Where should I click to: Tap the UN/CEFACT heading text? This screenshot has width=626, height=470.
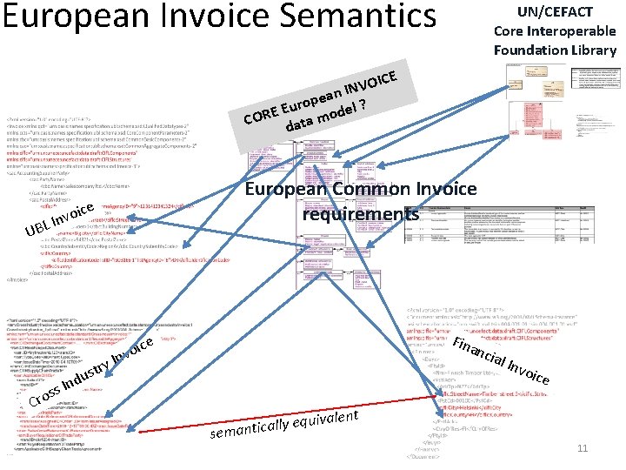(x=555, y=12)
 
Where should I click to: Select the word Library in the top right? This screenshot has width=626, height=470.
(x=591, y=50)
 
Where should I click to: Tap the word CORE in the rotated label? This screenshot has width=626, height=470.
(x=260, y=115)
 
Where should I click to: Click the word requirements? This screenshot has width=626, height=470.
(x=361, y=214)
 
